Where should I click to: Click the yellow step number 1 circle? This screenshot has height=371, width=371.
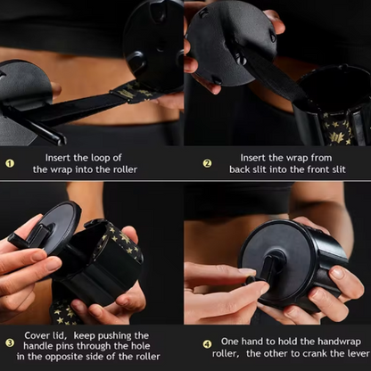(x=10, y=163)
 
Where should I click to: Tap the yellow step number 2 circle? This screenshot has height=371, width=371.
(x=207, y=163)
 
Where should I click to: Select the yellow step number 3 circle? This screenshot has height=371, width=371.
(x=10, y=343)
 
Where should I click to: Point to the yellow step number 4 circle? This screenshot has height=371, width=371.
(x=207, y=344)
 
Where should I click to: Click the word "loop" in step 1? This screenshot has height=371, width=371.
(x=100, y=158)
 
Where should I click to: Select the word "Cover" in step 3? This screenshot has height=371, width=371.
(x=37, y=335)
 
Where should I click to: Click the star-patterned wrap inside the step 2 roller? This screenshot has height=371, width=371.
(x=339, y=129)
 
